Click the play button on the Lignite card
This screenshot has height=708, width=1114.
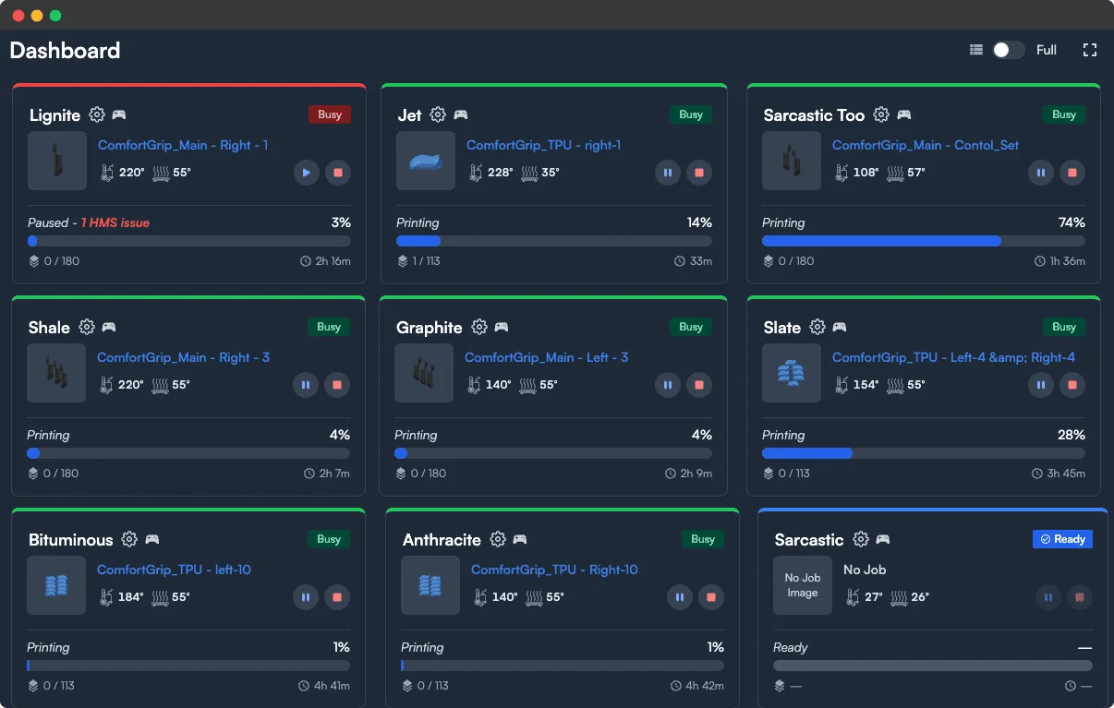[307, 173]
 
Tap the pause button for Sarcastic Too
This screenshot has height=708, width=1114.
[1041, 173]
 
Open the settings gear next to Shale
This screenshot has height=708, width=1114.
[87, 327]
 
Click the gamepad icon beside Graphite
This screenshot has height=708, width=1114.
[502, 327]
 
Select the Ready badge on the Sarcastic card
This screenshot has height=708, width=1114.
[1062, 539]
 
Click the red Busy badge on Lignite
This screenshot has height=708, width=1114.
[330, 114]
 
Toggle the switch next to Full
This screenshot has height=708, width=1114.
[1008, 50]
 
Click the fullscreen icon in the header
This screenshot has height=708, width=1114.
[1090, 50]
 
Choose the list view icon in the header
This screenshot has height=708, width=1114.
[976, 50]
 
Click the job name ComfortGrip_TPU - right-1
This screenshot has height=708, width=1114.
[543, 145]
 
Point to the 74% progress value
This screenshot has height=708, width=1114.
[1072, 222]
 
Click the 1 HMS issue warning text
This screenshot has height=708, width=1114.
[115, 222]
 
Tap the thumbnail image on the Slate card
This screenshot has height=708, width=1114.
[792, 373]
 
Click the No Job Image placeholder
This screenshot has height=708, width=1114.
[803, 585]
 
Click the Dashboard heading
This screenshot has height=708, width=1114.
[65, 50]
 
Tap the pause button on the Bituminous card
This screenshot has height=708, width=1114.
[306, 597]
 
